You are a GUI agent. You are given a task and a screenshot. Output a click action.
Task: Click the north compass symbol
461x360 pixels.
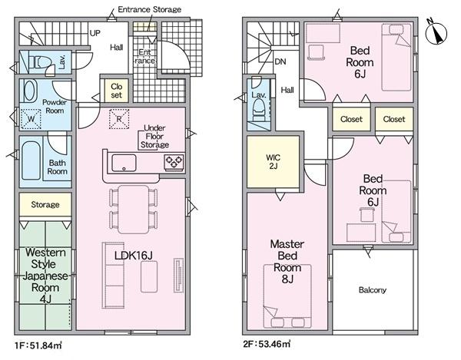(x=436, y=33)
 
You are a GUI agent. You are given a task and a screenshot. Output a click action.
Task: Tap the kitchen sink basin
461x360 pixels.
(x=124, y=163)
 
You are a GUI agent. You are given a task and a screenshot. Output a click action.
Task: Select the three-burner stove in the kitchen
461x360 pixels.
(x=174, y=163)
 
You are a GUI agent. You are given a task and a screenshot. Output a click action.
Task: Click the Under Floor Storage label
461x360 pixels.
(x=154, y=137)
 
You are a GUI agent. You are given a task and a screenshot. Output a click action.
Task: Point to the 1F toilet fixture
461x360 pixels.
(x=40, y=62)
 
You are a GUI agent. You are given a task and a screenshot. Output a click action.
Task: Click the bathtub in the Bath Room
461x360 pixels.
(x=31, y=160)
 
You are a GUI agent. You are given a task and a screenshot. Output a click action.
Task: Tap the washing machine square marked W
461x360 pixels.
(x=31, y=119)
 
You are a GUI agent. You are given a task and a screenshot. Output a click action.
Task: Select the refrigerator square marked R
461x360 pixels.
(x=119, y=119)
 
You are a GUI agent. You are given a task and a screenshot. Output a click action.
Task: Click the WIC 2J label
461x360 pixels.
(x=273, y=162)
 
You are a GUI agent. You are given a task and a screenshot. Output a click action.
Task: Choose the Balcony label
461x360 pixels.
(x=373, y=290)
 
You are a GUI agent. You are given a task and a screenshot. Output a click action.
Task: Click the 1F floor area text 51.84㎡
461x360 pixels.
(x=38, y=345)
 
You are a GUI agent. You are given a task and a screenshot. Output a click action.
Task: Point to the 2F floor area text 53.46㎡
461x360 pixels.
(x=267, y=343)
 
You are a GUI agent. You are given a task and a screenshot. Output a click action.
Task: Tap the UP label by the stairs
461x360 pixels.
(x=95, y=33)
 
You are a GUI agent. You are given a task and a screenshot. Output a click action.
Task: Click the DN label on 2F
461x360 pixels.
(x=280, y=61)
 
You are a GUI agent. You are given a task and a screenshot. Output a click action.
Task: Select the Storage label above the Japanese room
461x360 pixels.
(x=45, y=205)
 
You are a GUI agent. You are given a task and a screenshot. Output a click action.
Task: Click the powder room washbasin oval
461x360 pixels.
(x=30, y=91)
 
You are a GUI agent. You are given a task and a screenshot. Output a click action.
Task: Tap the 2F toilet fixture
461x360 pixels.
(x=259, y=109)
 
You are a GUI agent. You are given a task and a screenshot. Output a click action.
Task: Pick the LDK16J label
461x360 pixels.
(x=134, y=256)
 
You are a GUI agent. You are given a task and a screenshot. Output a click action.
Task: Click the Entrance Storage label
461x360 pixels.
(x=149, y=9)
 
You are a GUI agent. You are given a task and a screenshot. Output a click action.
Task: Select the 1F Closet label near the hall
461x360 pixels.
(x=117, y=91)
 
